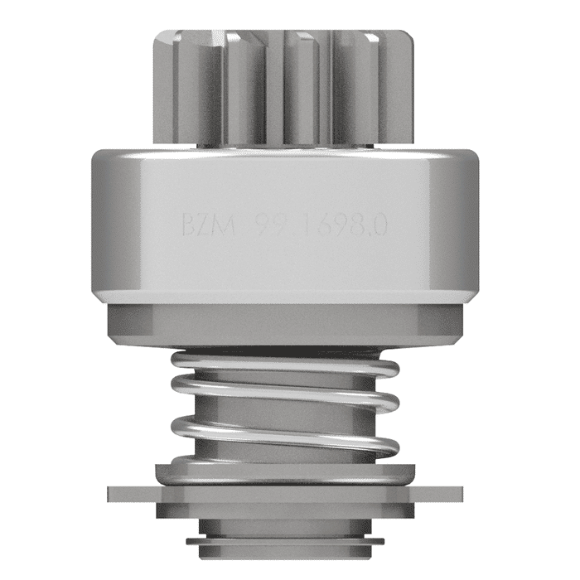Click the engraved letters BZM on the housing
206,225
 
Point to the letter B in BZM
189,225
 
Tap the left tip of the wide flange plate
113,494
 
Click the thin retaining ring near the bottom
286,543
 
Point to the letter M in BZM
225,225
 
